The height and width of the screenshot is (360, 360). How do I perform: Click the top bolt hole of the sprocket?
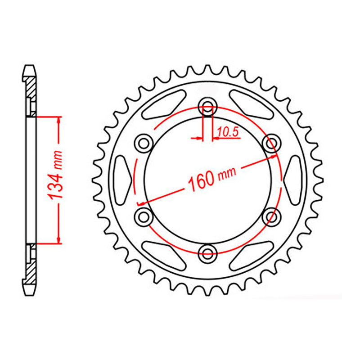click(207, 106)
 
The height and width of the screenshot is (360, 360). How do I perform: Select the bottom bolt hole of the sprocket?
click(207, 253)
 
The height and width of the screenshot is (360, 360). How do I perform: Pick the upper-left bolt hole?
click(144, 143)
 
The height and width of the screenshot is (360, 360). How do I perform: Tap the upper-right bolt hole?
click(271, 143)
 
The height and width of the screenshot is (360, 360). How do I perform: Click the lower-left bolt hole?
click(144, 216)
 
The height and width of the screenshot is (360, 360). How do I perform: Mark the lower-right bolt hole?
click(271, 216)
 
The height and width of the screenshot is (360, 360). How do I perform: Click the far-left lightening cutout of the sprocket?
click(123, 180)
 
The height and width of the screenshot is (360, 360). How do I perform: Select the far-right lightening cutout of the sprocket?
click(292, 180)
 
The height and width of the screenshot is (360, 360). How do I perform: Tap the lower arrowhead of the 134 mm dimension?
click(58, 238)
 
